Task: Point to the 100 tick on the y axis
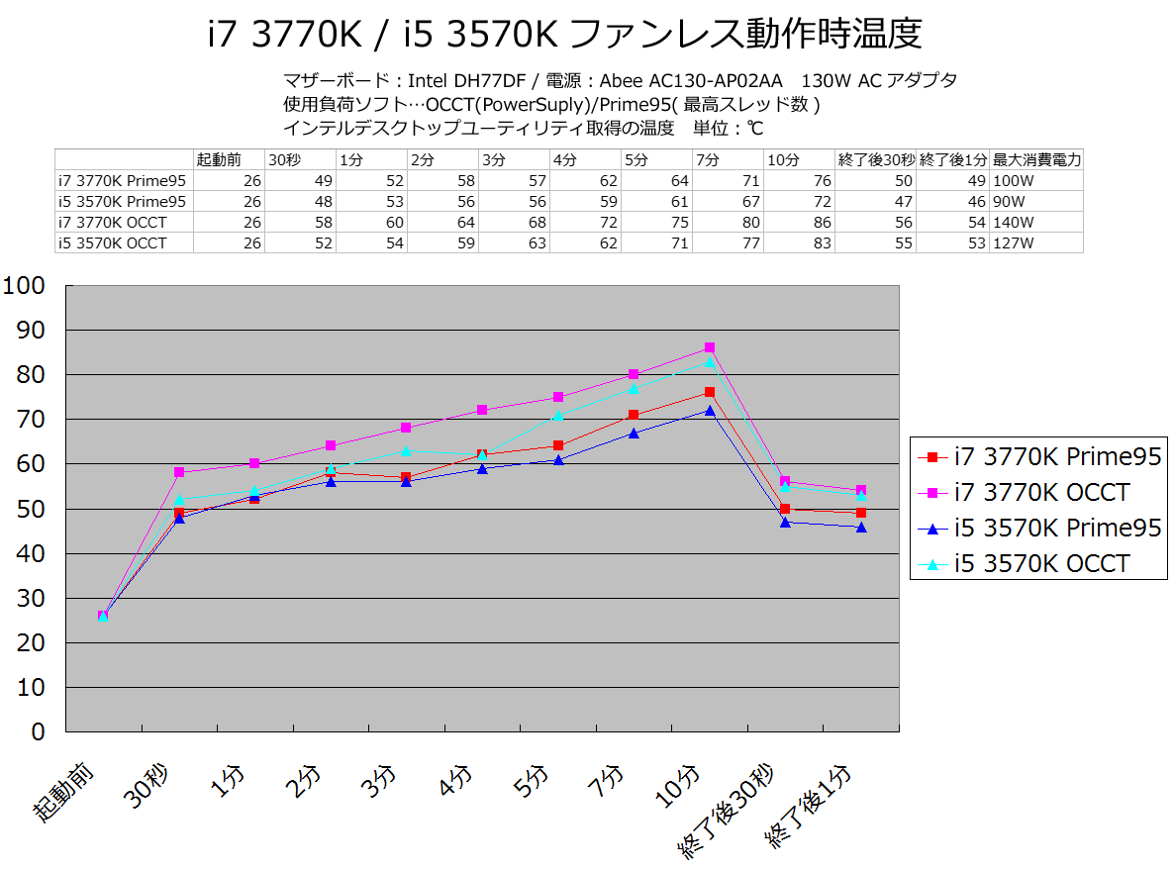coord(25,286)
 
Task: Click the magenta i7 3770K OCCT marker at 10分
coord(710,347)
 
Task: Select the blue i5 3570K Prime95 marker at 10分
coord(710,410)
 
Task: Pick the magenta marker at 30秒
coord(179,472)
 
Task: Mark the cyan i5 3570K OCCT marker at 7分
coord(634,388)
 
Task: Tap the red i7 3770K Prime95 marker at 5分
coord(558,445)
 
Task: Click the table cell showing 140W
coord(1010,222)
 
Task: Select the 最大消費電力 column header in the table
coord(1036,159)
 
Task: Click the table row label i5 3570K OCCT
coord(113,242)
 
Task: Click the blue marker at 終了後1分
coord(861,528)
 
